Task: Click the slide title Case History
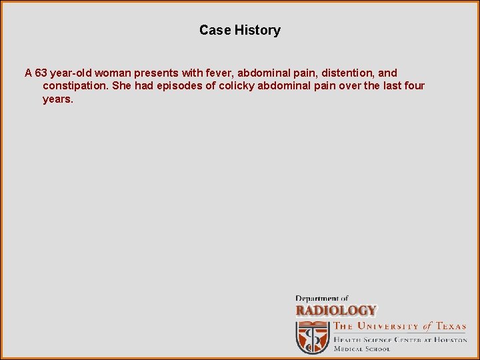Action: click(240, 30)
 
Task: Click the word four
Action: click(414, 86)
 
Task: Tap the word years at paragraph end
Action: click(57, 99)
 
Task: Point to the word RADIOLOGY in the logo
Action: click(336, 311)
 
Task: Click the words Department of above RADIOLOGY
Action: click(322, 298)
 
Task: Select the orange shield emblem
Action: click(313, 337)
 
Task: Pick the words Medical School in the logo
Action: click(362, 349)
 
